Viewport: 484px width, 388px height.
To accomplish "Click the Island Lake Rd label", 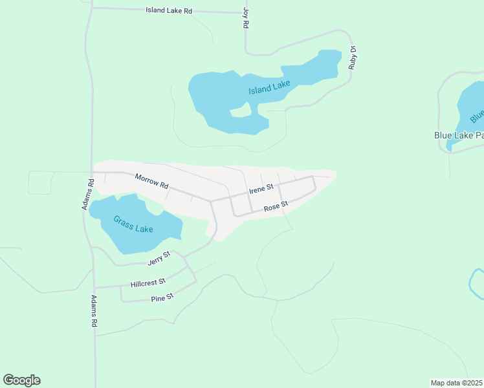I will coord(170,11).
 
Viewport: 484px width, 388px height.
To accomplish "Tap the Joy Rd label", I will coord(246,17).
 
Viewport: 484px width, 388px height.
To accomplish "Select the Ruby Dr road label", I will coord(353,58).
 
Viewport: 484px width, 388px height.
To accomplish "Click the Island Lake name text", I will coord(270,87).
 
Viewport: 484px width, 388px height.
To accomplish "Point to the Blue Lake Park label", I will coord(459,136).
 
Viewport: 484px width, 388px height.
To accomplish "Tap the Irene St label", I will coord(261,189).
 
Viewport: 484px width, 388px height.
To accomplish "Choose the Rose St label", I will coord(276,207).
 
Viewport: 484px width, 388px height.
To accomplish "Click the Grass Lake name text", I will coord(133,224).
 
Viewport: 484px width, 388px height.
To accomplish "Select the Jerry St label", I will coord(159,258).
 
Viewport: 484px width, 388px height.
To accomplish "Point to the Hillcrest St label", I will coord(148,283).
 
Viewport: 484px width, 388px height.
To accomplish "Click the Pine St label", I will coord(162,297).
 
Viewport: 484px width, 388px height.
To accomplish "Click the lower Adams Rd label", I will coord(94,310).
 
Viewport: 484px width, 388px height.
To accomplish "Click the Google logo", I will coord(22,380).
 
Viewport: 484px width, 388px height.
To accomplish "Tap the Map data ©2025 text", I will coord(457,383).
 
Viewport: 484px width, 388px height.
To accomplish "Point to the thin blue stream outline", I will coord(474,285).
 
